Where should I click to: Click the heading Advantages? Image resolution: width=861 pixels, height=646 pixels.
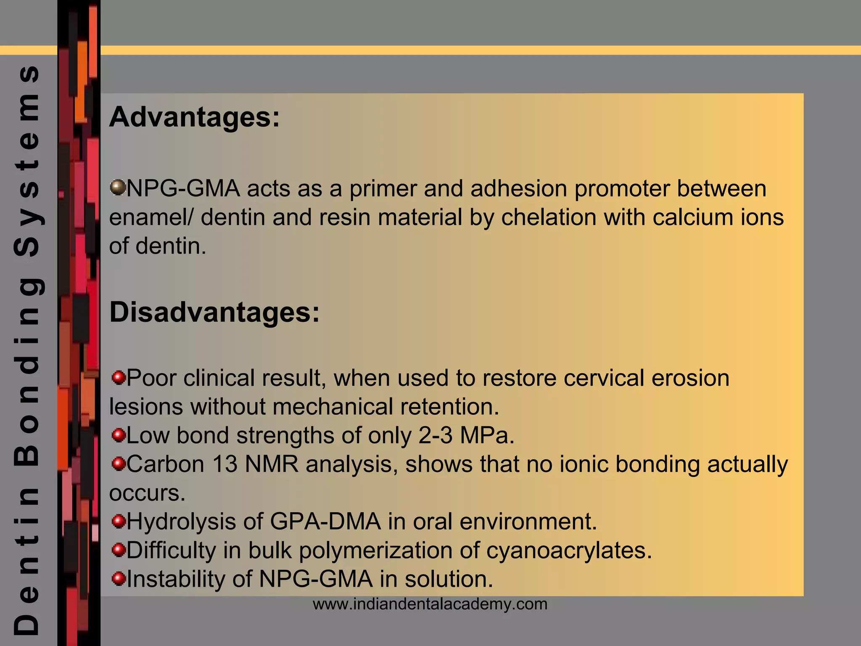pos(194,117)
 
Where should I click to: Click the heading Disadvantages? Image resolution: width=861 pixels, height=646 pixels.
pos(214,313)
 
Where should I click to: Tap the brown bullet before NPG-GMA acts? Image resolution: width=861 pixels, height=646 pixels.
pos(118,187)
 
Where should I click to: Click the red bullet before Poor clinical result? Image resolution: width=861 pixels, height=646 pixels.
pos(119,377)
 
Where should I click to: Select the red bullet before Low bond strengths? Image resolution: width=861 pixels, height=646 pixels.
pos(119,434)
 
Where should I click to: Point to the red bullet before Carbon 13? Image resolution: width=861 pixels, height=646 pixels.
pos(119,463)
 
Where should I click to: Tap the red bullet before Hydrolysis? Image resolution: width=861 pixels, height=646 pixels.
pos(119,521)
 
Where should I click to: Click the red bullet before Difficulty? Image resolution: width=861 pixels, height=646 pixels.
pos(119,550)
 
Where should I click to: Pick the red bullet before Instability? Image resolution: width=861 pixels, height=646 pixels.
pos(119,578)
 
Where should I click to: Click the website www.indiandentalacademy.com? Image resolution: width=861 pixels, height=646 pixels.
pos(430,604)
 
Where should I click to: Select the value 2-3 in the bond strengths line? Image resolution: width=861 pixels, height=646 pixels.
pos(435,435)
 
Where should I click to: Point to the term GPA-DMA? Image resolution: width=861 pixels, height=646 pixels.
pos(325,522)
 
